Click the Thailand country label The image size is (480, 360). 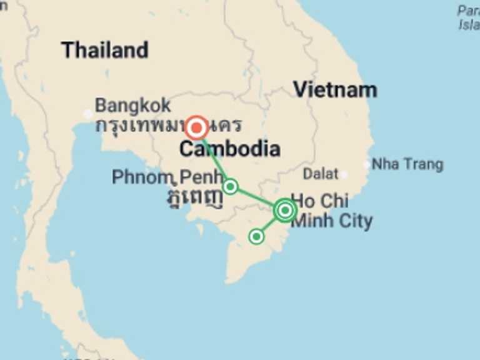point(104,50)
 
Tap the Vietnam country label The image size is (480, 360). point(335,90)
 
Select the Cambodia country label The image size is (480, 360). point(229,149)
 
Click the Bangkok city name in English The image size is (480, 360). point(132,105)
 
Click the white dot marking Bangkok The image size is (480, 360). point(88,114)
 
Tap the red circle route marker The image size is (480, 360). point(197,128)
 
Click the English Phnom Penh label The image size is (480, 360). point(167,177)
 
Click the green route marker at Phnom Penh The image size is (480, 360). point(231,186)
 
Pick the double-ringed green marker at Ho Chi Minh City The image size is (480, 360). point(285,211)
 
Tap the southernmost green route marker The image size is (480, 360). point(256,236)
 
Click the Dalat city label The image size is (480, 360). point(320,173)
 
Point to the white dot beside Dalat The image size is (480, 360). point(343,174)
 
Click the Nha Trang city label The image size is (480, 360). point(407,164)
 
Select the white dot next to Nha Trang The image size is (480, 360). point(367,164)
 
